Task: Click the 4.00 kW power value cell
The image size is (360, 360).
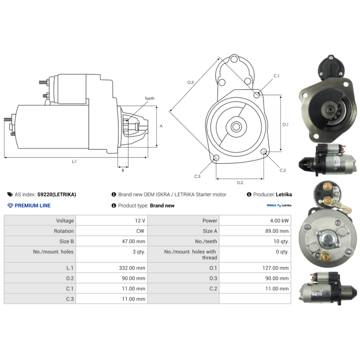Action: (x=279, y=220)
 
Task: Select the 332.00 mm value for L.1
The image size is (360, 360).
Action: (x=132, y=268)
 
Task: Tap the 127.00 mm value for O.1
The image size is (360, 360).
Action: (x=275, y=268)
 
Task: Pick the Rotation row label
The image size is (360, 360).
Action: (x=64, y=231)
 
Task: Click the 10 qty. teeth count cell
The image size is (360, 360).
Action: (x=281, y=241)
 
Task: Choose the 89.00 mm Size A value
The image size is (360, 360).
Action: (x=277, y=231)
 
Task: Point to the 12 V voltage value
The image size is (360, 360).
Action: (x=140, y=220)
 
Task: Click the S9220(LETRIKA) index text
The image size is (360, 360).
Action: (x=57, y=194)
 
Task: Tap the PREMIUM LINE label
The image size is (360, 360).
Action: (x=32, y=206)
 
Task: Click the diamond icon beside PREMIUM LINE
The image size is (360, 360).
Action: (x=10, y=206)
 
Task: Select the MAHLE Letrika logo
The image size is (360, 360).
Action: (x=279, y=205)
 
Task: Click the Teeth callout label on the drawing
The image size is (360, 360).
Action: (x=149, y=98)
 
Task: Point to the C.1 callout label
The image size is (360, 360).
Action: (x=276, y=76)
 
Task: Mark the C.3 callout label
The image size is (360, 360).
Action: (x=197, y=176)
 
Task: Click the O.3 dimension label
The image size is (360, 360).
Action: (x=190, y=82)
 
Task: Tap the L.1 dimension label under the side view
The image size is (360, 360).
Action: (x=74, y=162)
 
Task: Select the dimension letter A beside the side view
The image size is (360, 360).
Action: (x=161, y=126)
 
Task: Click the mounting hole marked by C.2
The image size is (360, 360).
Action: (x=264, y=151)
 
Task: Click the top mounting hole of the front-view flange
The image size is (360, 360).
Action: (x=234, y=59)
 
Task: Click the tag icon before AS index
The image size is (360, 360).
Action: (x=10, y=194)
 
